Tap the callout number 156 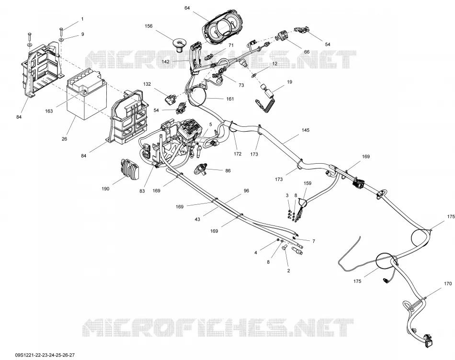point(148,26)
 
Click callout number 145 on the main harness point(306,130)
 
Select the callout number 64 point(187,8)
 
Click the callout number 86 point(228,170)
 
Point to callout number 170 point(448,283)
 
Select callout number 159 point(307,183)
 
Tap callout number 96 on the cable point(246,191)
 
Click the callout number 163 point(49,111)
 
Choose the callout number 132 point(147,84)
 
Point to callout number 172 point(238,154)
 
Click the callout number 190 point(106,189)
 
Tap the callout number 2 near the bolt point(288,271)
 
